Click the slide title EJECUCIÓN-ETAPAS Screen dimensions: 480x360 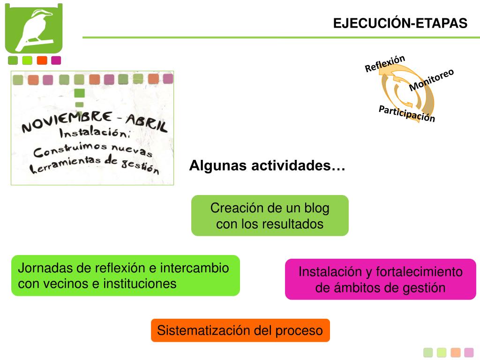[x=400, y=23]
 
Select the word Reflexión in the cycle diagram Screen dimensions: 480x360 [x=385, y=64]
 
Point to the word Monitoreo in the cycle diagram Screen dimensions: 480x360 [x=431, y=80]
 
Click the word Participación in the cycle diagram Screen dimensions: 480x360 [x=407, y=113]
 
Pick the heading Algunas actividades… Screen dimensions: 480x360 [x=267, y=166]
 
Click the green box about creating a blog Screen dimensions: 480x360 [x=270, y=216]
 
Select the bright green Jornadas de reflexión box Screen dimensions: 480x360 [x=125, y=276]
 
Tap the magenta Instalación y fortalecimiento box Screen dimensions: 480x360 [x=380, y=279]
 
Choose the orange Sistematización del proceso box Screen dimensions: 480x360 [x=240, y=330]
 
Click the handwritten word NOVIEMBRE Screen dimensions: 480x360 [x=67, y=121]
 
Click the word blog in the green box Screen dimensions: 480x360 [x=316, y=208]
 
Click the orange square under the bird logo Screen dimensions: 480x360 [x=42, y=60]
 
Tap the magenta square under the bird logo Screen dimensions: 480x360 [x=56, y=60]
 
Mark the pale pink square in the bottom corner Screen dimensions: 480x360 [x=469, y=352]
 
